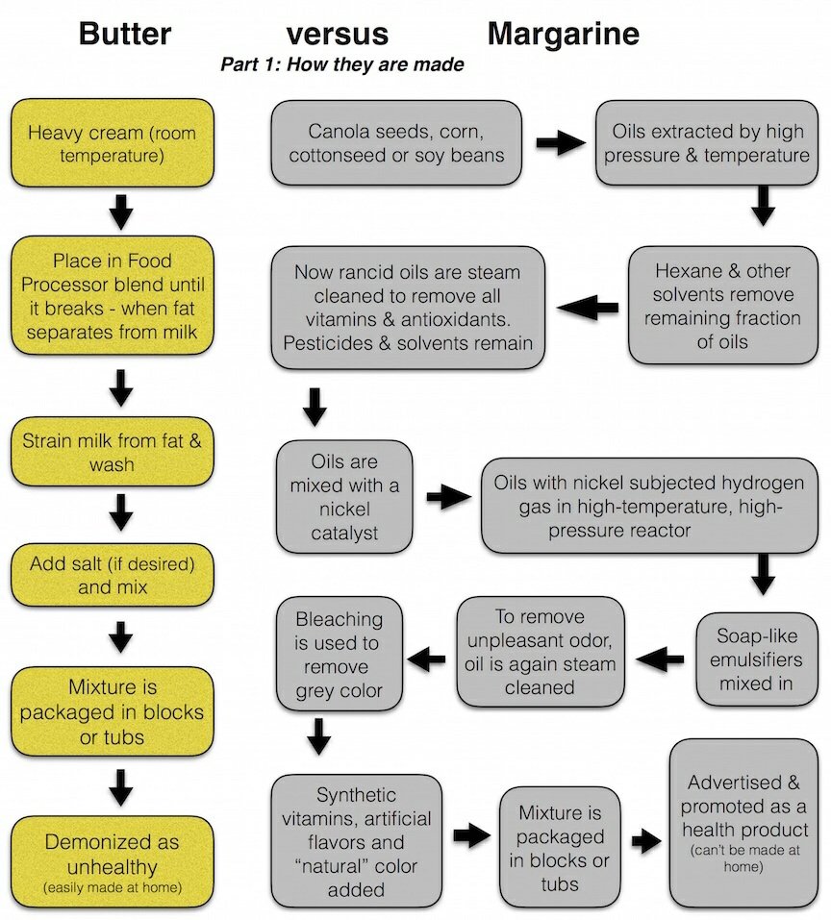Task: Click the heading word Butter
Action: (125, 35)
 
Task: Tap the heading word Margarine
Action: (563, 35)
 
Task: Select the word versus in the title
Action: (338, 35)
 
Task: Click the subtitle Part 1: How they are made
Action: (342, 65)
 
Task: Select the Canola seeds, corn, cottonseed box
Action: (397, 143)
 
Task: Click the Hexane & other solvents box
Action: (722, 306)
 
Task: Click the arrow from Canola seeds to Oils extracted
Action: (560, 143)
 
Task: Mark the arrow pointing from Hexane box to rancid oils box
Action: (589, 308)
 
